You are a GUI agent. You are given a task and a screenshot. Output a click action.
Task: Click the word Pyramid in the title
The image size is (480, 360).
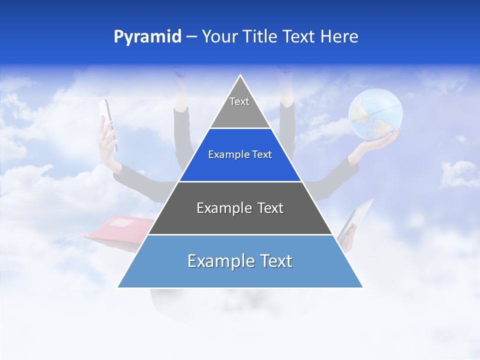147,37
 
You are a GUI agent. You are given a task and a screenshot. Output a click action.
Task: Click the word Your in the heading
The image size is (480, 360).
220,37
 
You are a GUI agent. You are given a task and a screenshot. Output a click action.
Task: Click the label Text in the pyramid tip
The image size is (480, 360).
239,101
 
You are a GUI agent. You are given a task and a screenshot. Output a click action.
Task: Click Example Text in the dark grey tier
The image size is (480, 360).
240,208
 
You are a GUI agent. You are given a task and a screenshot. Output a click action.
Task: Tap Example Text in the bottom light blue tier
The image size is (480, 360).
240,261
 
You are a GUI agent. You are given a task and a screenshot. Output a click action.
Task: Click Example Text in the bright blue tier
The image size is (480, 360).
240,155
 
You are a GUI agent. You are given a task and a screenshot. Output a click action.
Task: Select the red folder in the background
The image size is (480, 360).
120,227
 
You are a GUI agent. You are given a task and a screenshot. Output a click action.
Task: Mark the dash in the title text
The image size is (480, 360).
191,37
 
